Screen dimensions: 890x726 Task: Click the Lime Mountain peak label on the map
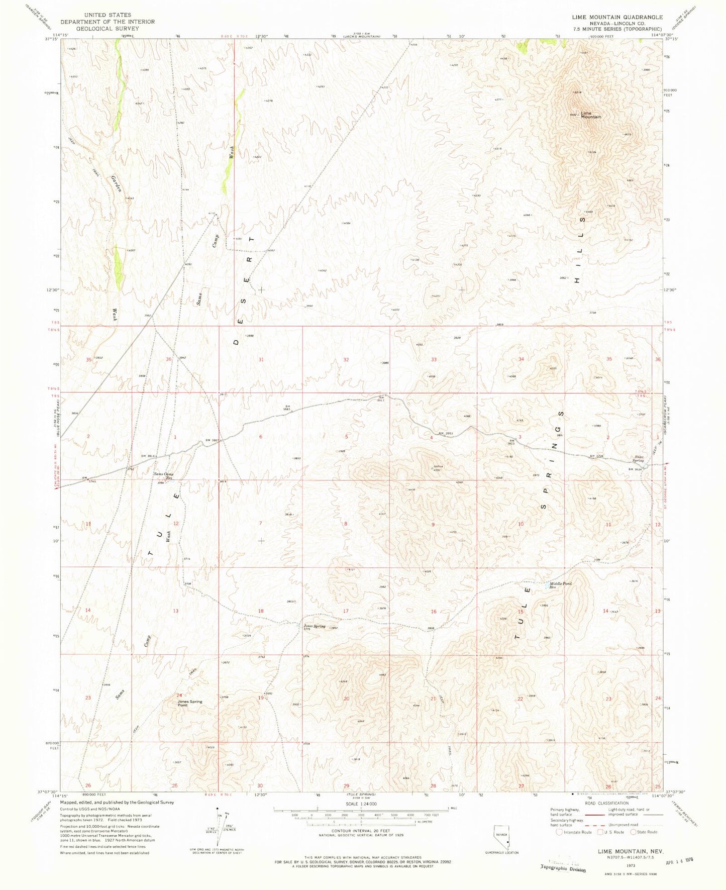click(591, 115)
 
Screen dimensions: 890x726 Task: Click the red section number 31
click(261, 360)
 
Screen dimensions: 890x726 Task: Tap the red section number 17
click(346, 611)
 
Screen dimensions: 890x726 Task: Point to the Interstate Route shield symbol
click(560, 832)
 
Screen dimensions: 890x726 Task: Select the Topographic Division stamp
click(563, 869)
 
